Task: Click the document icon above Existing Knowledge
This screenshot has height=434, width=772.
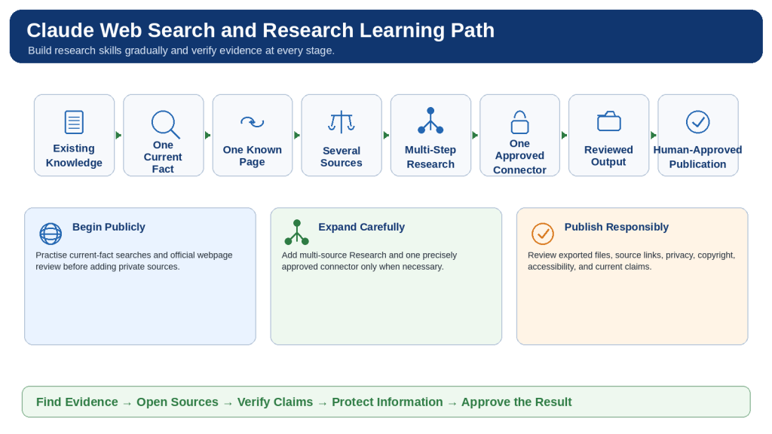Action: [x=74, y=122]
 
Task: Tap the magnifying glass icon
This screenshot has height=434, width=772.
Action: [x=165, y=124]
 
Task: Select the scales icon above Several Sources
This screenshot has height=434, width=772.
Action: [x=342, y=122]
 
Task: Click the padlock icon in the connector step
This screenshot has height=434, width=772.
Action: [x=519, y=122]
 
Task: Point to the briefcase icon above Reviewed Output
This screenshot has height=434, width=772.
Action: [x=608, y=121]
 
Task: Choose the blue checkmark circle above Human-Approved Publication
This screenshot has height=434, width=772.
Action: [x=697, y=121]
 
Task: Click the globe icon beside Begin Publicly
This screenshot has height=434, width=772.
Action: [x=51, y=234]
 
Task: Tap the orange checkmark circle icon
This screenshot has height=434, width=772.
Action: [x=543, y=234]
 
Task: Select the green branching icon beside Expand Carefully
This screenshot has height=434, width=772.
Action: [x=296, y=232]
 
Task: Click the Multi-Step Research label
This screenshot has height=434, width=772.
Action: [x=430, y=157]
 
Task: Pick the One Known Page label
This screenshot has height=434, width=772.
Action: [x=252, y=155]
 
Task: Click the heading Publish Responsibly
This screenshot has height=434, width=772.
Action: [x=617, y=227]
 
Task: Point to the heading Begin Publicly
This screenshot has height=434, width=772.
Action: [x=109, y=227]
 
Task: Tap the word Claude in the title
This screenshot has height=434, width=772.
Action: [x=60, y=30]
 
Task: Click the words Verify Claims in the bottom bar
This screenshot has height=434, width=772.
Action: [x=274, y=402]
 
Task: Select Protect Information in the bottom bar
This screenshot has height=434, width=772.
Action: [x=387, y=402]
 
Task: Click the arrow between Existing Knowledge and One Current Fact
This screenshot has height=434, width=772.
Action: [x=118, y=136]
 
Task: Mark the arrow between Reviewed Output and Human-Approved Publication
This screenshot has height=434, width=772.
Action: [x=654, y=136]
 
